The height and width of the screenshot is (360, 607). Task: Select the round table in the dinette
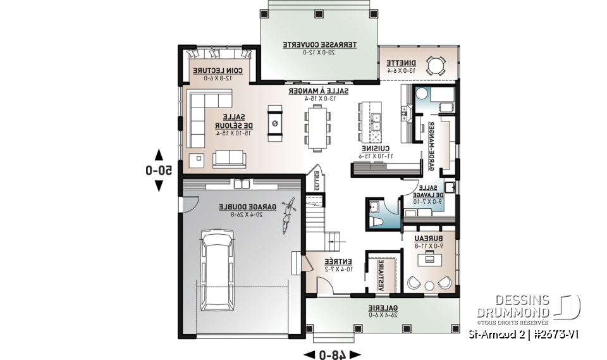pyautogui.click(x=436, y=66)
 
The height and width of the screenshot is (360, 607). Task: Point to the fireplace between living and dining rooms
pyautogui.click(x=275, y=124)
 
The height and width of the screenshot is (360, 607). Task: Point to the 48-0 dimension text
pyautogui.click(x=332, y=354)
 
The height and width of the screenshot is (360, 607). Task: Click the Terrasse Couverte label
pyautogui.click(x=319, y=45)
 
